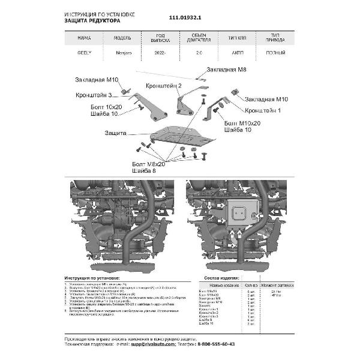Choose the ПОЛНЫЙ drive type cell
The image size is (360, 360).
275,53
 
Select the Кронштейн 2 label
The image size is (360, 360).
163,86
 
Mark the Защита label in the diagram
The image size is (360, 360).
115,131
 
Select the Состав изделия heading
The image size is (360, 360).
223,280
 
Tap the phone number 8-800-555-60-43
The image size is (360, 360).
213,344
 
